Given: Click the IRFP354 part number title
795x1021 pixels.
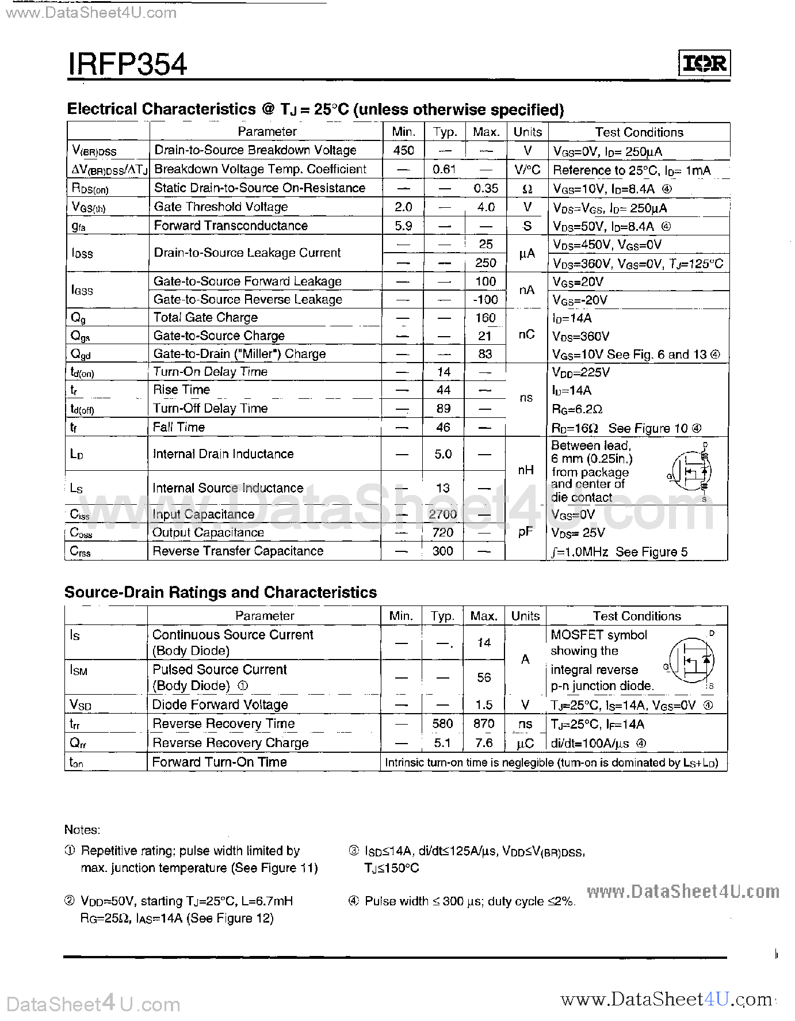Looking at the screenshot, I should [x=128, y=63].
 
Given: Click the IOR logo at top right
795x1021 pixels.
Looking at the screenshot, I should [x=704, y=63].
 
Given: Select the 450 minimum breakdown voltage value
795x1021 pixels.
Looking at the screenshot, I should [x=404, y=150].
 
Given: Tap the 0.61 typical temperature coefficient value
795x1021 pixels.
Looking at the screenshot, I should [x=444, y=169].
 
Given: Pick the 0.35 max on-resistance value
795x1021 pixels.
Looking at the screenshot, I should [x=486, y=188].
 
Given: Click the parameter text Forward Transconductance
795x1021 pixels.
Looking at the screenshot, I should [x=231, y=226].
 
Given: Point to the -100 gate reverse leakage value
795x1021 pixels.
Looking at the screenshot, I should [x=486, y=299].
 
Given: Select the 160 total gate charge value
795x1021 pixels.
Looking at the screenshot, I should [x=486, y=318].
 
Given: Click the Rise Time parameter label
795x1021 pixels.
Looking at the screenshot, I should [x=181, y=390].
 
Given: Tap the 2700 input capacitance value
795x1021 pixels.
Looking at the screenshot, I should [x=443, y=514].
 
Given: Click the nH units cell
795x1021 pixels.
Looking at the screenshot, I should [x=526, y=470].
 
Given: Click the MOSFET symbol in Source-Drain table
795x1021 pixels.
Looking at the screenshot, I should [x=693, y=660].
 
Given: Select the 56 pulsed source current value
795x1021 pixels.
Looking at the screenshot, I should [x=484, y=677].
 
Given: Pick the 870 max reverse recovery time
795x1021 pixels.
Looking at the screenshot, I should [x=484, y=723].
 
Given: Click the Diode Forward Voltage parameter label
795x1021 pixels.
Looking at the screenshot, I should [x=220, y=704].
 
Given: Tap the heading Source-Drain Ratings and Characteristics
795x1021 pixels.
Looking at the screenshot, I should [x=221, y=592].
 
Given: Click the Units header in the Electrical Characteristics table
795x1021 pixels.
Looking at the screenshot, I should [x=528, y=132].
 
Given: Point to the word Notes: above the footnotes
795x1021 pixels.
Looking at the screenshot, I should [x=82, y=829].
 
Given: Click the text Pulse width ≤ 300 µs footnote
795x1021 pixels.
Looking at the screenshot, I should [x=469, y=901].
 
